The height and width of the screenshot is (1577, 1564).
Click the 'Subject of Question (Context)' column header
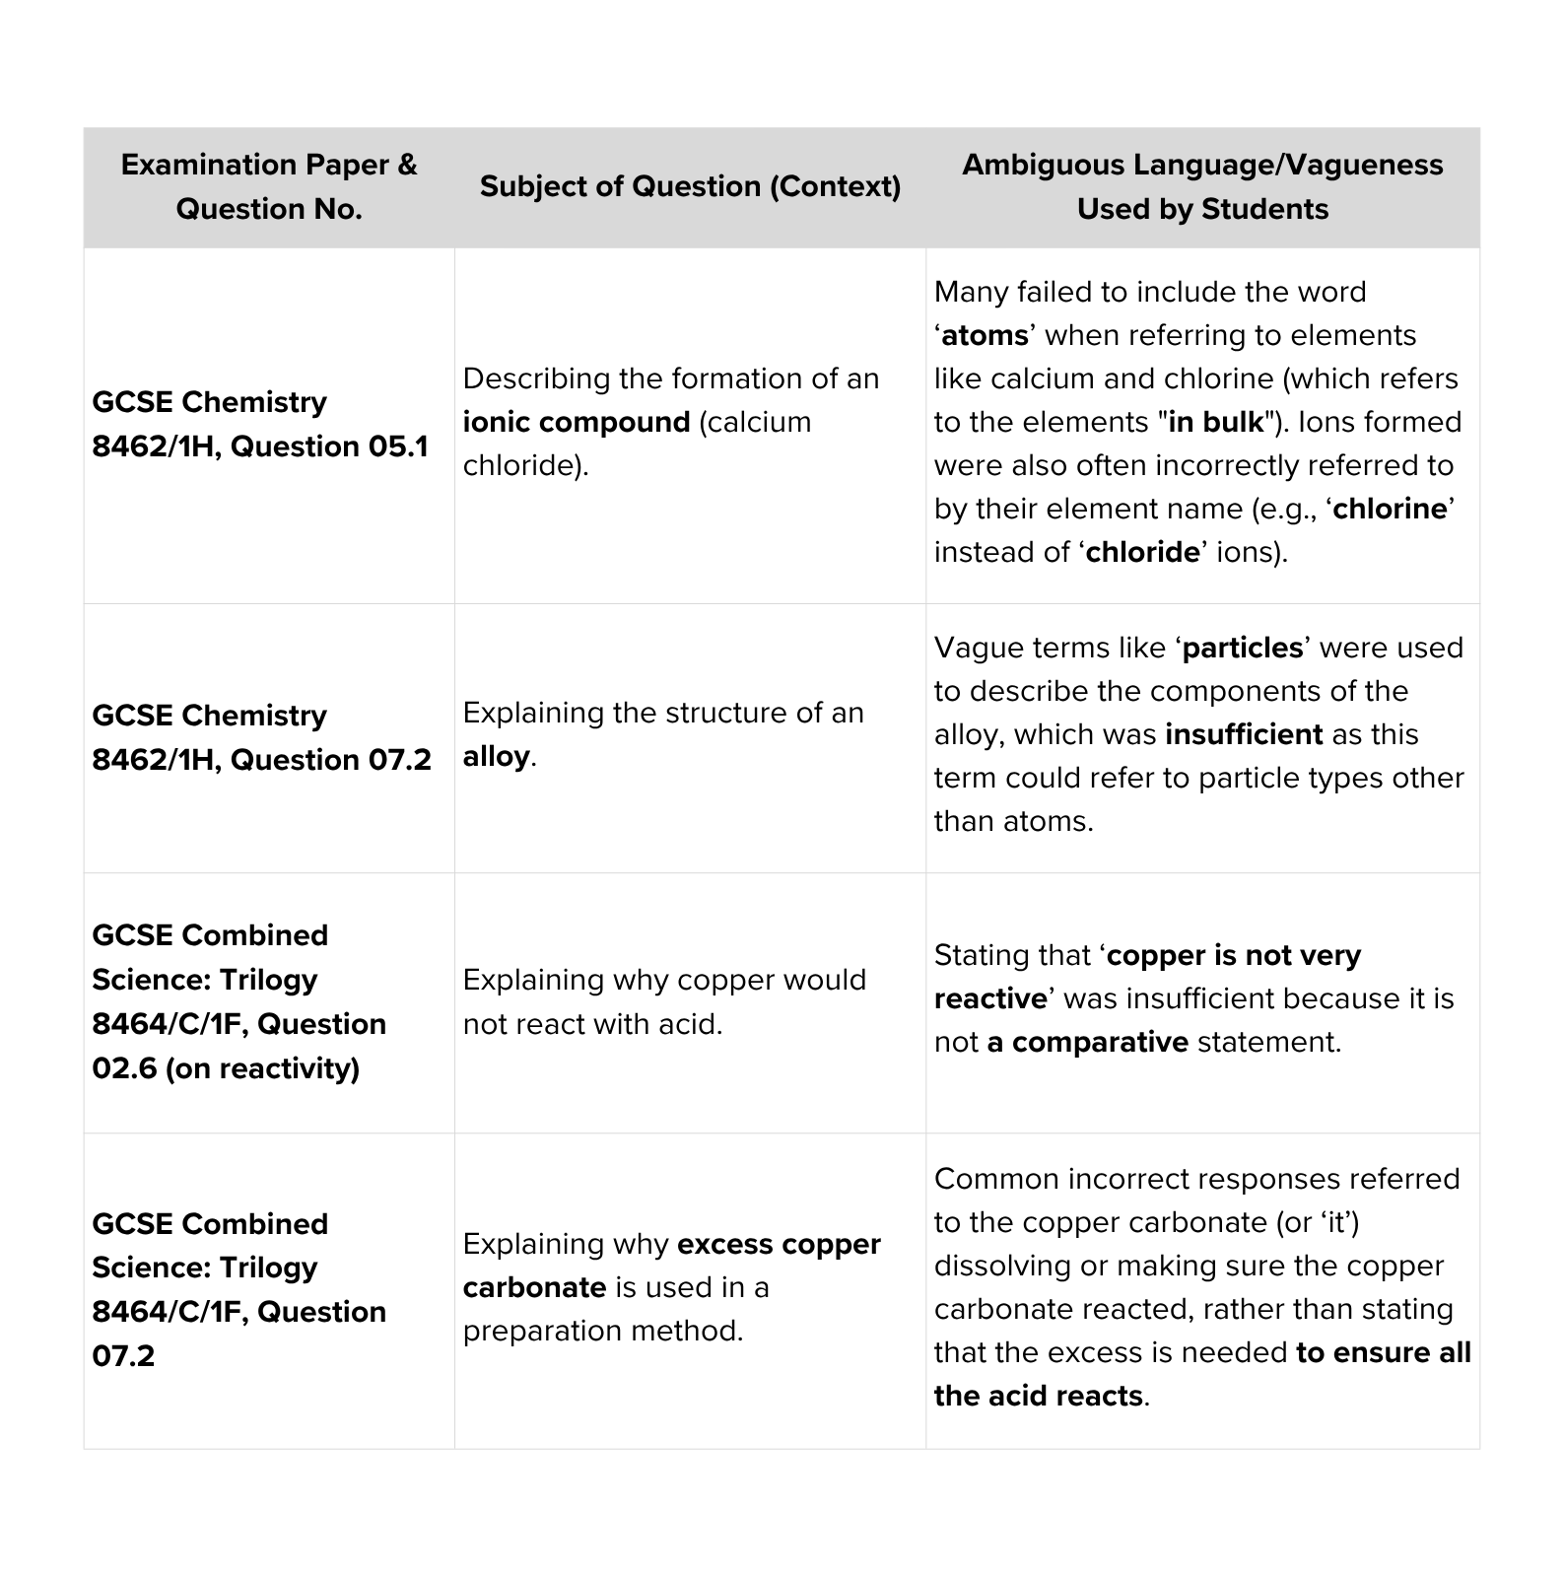[690, 186]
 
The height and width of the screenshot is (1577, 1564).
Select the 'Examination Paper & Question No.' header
[268, 186]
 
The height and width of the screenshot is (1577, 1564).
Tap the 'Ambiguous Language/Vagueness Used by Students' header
[1202, 186]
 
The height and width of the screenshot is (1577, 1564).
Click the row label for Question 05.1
[260, 424]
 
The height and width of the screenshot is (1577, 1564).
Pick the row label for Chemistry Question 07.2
[261, 737]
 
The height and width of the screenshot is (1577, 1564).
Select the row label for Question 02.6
[238, 1001]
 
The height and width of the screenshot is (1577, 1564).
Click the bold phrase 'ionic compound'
[577, 422]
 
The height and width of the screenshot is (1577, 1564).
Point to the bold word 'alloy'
[497, 756]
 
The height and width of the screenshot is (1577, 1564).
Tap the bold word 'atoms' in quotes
[985, 335]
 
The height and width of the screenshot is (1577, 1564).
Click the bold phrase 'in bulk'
[1215, 422]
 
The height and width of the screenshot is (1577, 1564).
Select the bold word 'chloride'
[1142, 552]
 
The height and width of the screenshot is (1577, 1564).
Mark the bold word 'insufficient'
[1243, 734]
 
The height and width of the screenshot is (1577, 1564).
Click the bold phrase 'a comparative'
[1087, 1042]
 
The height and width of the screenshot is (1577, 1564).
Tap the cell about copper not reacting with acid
[664, 1001]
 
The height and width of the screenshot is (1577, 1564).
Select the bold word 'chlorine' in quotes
[1390, 509]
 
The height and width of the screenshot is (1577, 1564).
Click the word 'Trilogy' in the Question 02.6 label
[268, 980]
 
